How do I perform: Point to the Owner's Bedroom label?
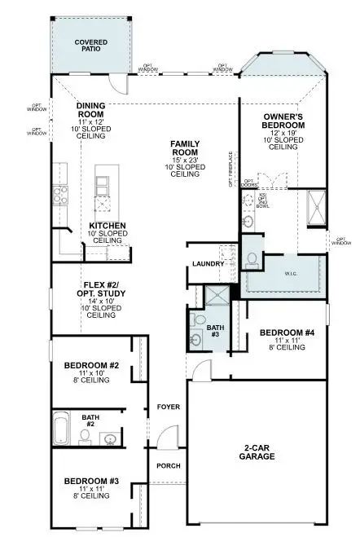click(283, 121)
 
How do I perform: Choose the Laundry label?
click(209, 263)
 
